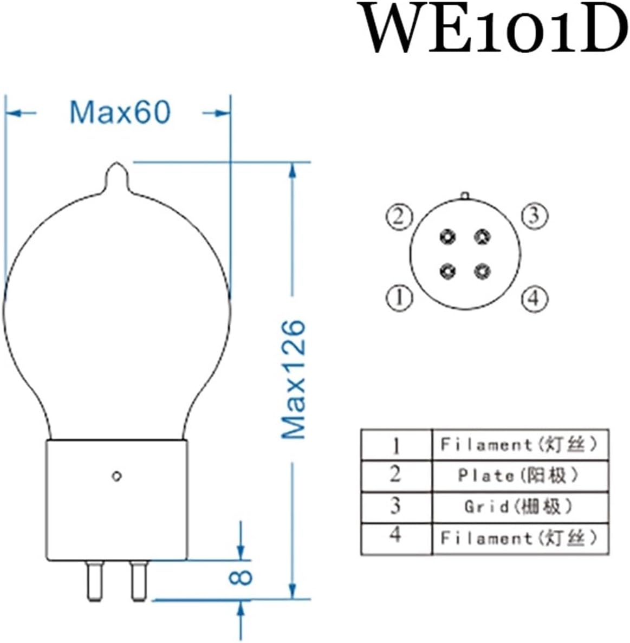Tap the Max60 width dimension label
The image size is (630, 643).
120,112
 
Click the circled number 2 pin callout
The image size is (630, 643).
399,217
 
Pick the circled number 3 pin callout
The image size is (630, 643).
534,216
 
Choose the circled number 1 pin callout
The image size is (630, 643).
399,297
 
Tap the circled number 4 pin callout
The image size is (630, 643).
534,298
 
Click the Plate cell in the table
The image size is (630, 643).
519,476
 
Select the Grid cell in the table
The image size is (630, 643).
519,507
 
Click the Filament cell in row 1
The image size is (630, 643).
519,445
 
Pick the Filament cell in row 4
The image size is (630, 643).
519,538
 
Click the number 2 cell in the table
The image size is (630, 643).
396,475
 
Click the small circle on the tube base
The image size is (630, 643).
116,476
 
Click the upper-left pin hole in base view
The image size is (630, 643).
448,237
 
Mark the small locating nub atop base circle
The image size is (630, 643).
464,194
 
